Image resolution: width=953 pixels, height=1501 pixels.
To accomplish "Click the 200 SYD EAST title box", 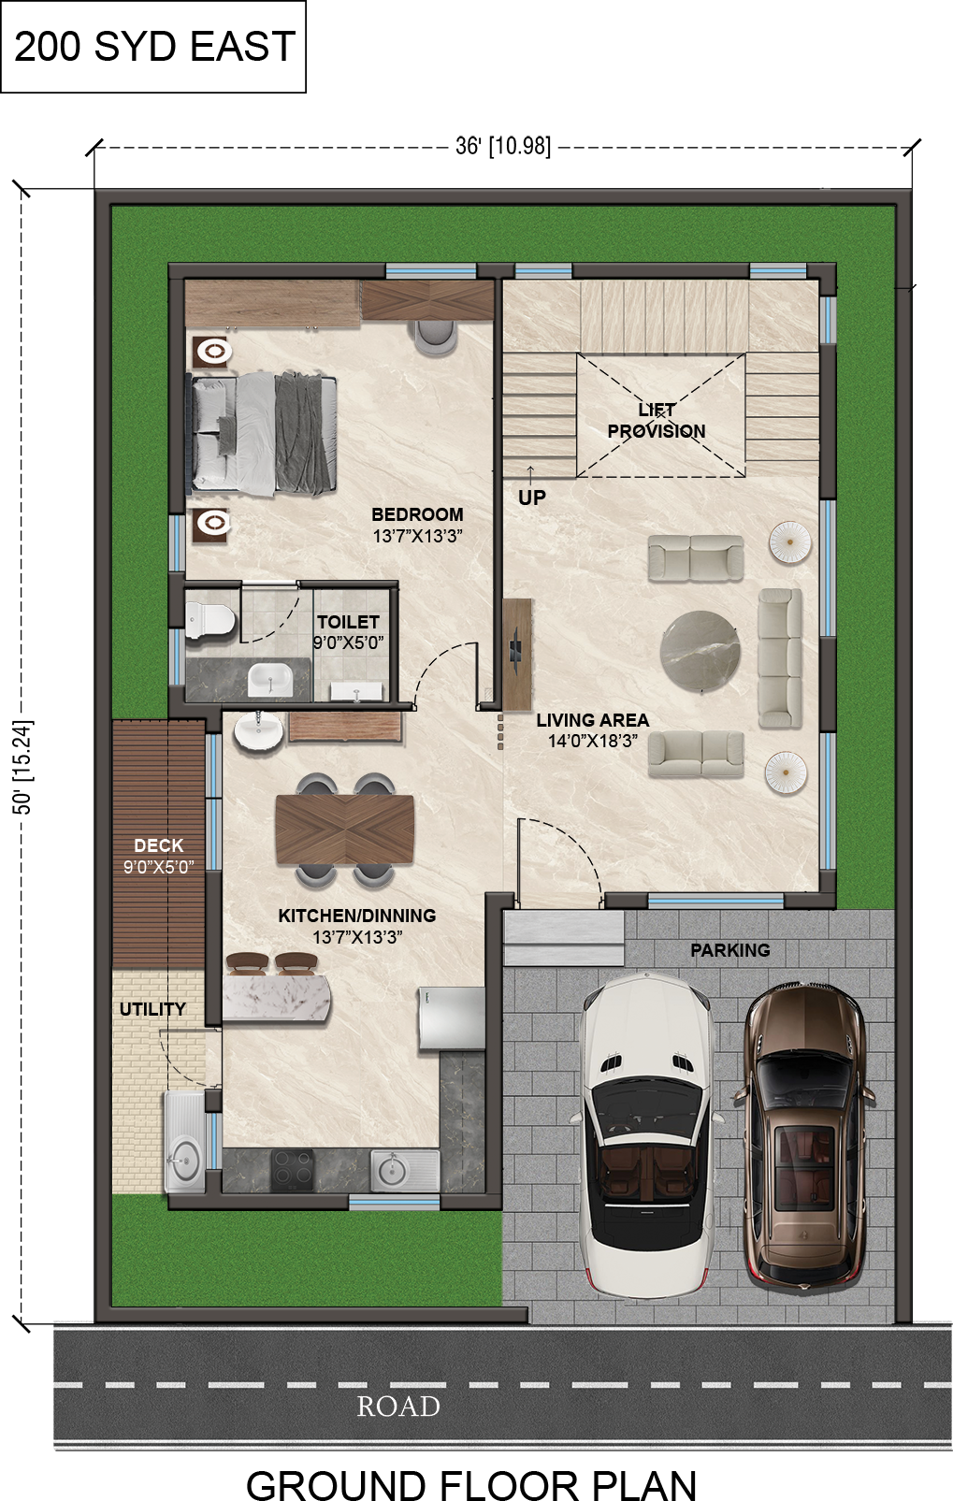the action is pyautogui.click(x=152, y=46).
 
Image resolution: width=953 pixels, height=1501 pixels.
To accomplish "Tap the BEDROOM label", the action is pyautogui.click(x=417, y=514).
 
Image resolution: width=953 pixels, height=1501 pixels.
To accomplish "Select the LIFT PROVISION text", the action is pyautogui.click(x=657, y=420).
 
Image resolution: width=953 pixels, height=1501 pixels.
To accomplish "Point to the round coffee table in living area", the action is pyautogui.click(x=700, y=649).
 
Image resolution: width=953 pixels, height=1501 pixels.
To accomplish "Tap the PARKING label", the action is pyautogui.click(x=729, y=950).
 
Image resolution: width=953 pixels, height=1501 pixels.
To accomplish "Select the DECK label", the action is pyautogui.click(x=158, y=845).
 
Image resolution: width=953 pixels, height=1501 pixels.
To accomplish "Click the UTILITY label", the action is pyautogui.click(x=152, y=1009).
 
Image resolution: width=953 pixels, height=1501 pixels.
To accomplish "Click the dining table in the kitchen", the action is pyautogui.click(x=345, y=830).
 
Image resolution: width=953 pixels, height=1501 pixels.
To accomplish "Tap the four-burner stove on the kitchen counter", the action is pyautogui.click(x=292, y=1170).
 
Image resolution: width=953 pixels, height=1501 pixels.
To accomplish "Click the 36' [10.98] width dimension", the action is pyautogui.click(x=503, y=145).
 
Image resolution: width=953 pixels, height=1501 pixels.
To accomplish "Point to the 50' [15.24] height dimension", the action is pyautogui.click(x=22, y=767).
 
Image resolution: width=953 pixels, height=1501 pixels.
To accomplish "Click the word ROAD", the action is pyautogui.click(x=398, y=1407).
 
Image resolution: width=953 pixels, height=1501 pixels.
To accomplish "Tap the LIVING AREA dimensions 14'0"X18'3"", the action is pyautogui.click(x=592, y=741).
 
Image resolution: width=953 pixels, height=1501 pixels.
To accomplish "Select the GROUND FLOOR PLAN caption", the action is pyautogui.click(x=471, y=1483).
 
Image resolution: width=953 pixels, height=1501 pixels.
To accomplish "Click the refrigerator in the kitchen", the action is pyautogui.click(x=451, y=1018).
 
